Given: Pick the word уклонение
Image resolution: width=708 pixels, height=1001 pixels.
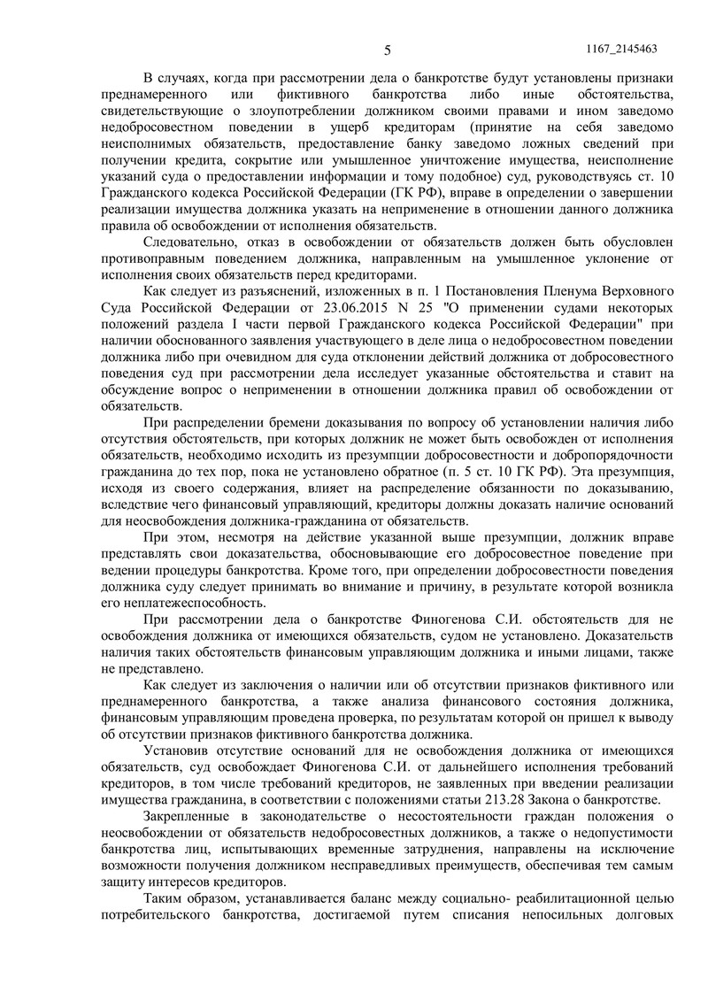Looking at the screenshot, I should coord(632,258).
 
